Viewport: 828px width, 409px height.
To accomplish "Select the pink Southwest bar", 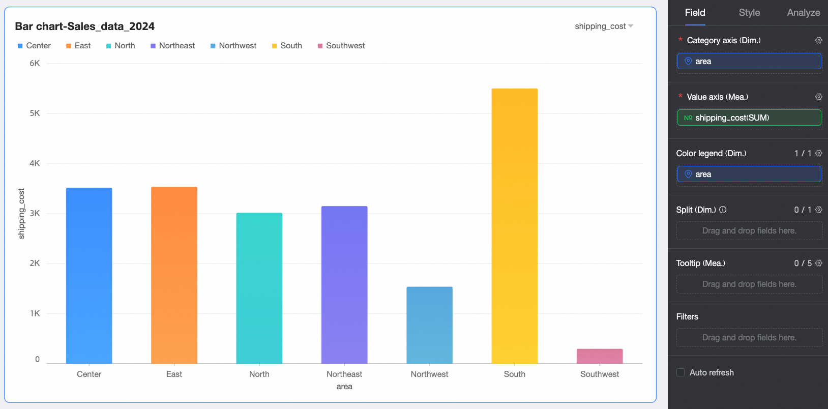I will (x=599, y=356).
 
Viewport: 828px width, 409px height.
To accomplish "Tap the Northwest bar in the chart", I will (x=429, y=325).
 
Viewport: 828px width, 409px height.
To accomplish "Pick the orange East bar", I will (x=174, y=275).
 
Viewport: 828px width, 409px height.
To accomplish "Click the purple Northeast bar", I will (x=344, y=284).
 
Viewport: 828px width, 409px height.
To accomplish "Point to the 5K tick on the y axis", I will (x=35, y=113).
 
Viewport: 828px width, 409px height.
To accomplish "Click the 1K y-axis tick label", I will (x=35, y=313).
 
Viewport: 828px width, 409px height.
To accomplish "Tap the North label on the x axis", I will (x=259, y=374).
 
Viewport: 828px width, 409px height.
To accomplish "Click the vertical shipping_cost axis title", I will (x=21, y=214).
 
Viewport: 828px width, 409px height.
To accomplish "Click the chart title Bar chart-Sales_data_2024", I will (x=84, y=26).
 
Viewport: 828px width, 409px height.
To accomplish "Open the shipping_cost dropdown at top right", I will (x=604, y=26).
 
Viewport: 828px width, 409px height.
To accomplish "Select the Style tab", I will (x=749, y=13).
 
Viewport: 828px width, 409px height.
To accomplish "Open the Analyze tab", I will (x=803, y=13).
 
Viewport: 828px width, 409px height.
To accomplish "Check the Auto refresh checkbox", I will (x=681, y=372).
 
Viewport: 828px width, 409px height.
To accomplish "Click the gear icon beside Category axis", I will (x=818, y=40).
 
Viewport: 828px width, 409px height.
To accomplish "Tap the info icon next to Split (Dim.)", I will (x=723, y=210).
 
